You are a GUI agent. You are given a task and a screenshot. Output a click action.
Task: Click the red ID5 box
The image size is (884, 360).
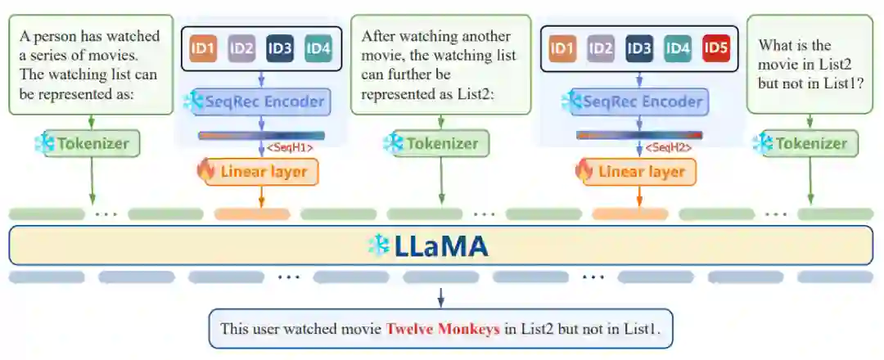715,48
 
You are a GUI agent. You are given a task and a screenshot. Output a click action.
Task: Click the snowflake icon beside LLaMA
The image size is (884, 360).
378,245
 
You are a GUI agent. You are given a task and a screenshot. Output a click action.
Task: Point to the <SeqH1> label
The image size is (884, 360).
291,147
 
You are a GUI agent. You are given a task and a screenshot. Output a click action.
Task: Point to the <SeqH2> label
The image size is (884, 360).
669,147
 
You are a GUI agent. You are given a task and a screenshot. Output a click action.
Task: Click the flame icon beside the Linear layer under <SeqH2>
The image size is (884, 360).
584,171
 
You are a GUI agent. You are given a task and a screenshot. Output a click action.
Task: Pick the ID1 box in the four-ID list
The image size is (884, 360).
202,48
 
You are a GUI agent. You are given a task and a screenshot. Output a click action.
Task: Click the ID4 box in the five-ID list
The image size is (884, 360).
678,48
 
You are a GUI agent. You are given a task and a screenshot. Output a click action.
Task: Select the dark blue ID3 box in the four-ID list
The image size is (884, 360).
279,48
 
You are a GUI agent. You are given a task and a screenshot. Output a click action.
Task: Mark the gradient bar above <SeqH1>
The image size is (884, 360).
261,136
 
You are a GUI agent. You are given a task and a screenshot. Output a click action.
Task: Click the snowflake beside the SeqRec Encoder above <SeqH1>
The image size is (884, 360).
192,102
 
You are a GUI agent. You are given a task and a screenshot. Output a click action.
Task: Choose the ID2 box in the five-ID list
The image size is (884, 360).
601,48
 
